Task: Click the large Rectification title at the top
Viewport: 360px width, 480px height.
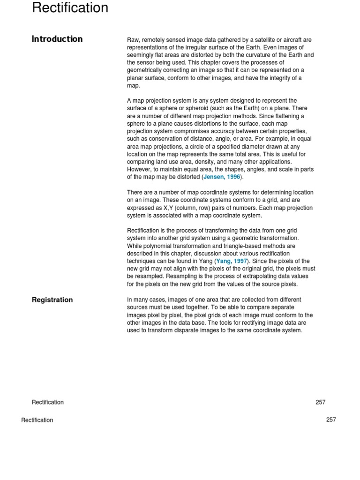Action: point(70,8)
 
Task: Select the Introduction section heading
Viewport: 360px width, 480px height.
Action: point(57,39)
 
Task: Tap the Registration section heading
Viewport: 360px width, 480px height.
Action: point(52,300)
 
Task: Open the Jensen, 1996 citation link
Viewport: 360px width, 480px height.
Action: point(222,177)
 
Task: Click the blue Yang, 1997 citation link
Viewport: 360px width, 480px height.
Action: point(232,261)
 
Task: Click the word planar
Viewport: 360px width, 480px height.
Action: point(136,78)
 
